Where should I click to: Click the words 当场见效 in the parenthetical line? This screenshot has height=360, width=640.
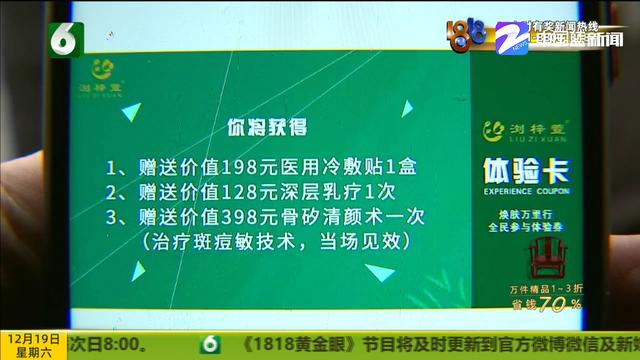pyautogui.click(x=360, y=242)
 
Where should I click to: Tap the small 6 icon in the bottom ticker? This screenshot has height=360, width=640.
pyautogui.click(x=210, y=344)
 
